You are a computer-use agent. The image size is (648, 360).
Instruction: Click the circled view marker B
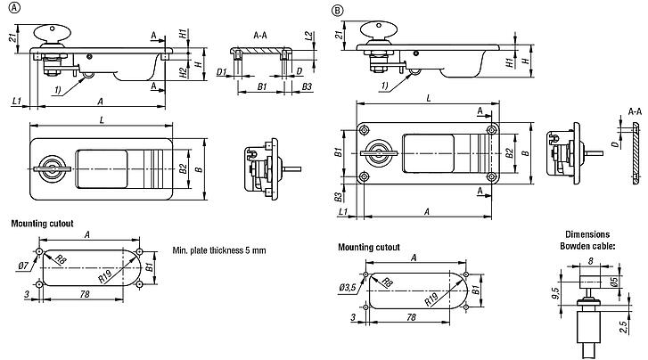click(336, 11)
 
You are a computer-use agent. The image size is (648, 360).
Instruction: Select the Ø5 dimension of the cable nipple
click(615, 282)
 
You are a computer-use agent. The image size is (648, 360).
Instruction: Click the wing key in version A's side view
click(52, 33)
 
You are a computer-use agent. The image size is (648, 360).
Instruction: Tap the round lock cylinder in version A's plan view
click(52, 166)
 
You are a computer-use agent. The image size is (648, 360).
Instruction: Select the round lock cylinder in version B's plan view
click(382, 153)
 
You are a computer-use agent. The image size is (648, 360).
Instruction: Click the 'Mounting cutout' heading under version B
click(368, 248)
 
